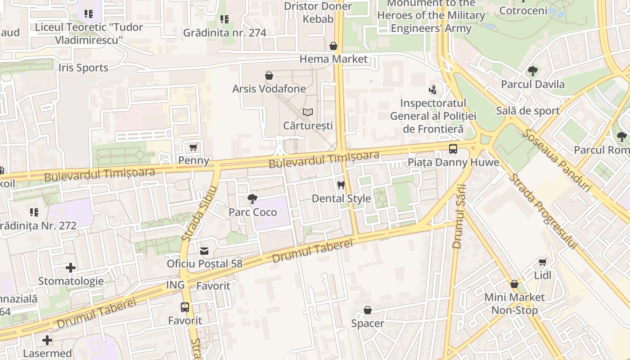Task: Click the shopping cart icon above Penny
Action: pos(193,148)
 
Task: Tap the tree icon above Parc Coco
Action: pos(252,199)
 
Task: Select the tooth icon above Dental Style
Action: pos(341,185)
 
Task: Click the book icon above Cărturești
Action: pos(307,112)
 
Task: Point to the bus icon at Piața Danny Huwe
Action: pos(453,149)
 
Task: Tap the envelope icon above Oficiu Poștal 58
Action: pos(204,251)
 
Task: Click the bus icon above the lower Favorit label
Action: pos(185,307)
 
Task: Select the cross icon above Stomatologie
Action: pos(71,268)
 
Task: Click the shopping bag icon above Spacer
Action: pos(368,310)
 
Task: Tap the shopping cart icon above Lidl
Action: pos(543,262)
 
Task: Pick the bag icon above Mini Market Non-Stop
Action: pos(514,284)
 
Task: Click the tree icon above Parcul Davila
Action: pos(532,71)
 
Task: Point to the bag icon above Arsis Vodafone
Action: pos(269,76)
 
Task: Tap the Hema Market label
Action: pos(333,59)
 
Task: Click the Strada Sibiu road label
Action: pos(199,213)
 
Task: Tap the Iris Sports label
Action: pos(83,68)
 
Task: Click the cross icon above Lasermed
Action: pos(47,340)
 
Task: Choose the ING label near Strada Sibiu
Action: pos(175,285)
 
